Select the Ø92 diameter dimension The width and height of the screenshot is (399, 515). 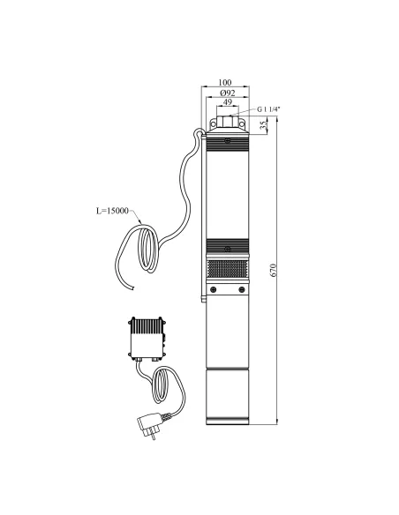click(229, 92)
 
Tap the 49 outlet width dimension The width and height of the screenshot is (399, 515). click(229, 102)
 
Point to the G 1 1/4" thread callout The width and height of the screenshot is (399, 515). click(268, 109)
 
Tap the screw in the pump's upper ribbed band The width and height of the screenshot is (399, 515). click(229, 139)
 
